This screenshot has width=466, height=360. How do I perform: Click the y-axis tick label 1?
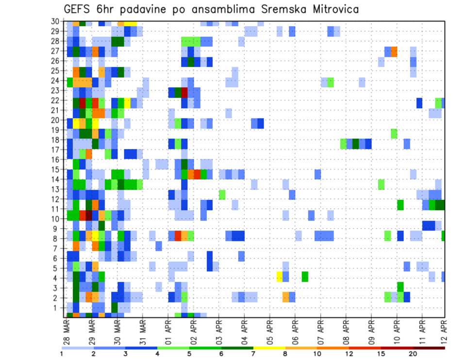(60, 307)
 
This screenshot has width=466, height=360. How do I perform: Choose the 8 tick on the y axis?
(60, 238)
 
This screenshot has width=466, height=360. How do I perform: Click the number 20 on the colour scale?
(414, 354)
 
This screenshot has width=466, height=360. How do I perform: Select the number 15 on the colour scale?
(382, 354)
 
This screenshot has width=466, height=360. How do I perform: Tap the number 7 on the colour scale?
(253, 354)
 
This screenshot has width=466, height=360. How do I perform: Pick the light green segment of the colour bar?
(173, 347)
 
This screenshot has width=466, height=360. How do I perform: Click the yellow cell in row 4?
(280, 277)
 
